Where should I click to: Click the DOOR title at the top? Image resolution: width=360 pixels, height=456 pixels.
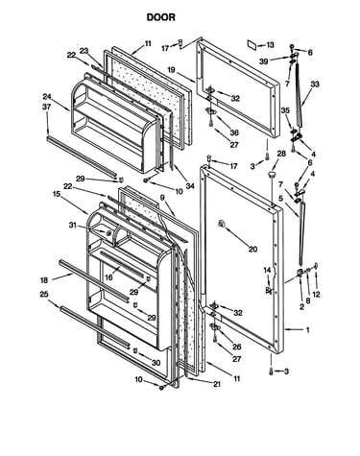tap(161, 17)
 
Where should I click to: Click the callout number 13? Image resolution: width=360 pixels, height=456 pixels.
tap(271, 45)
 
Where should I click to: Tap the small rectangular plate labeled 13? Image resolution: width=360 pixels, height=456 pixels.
tap(252, 45)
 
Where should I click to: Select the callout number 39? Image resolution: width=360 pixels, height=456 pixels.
tap(264, 61)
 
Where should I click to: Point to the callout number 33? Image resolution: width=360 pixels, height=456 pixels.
tap(315, 84)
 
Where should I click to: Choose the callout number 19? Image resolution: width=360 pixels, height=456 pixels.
tap(171, 69)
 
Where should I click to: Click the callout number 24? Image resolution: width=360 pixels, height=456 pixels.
tap(47, 97)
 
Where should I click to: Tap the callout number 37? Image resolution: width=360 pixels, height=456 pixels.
tap(47, 108)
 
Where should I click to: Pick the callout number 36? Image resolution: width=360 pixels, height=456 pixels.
tap(234, 132)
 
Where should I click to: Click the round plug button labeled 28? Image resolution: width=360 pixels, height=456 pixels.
tap(272, 175)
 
